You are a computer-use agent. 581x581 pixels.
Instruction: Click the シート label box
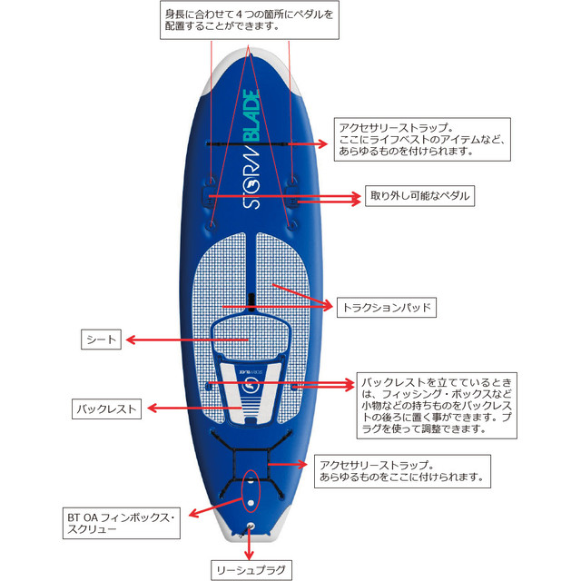tap(101, 340)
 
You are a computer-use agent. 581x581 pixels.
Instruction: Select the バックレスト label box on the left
tap(107, 409)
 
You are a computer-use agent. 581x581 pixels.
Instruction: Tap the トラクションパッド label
tap(387, 307)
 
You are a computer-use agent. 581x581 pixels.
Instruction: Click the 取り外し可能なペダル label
tap(419, 196)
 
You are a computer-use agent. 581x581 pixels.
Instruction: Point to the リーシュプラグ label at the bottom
tap(251, 570)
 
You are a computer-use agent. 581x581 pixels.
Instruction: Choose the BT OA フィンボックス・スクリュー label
tap(122, 523)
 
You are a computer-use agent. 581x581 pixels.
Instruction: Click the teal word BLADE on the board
tap(251, 116)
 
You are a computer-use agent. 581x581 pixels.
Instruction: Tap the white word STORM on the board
tap(251, 177)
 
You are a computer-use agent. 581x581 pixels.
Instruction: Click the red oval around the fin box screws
tap(251, 490)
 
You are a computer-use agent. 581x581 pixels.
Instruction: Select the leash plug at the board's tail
tap(251, 527)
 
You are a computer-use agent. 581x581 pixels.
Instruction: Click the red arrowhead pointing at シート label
tap(131, 340)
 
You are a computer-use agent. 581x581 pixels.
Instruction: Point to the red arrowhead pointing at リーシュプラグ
tap(250, 555)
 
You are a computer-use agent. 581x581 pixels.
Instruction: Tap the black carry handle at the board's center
tap(251, 302)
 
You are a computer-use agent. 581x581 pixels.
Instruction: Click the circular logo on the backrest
tap(251, 386)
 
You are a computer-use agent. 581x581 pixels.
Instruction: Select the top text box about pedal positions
tap(250, 20)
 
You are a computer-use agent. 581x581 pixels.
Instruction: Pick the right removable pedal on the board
tap(292, 195)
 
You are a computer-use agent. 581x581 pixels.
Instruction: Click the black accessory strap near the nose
tap(248, 143)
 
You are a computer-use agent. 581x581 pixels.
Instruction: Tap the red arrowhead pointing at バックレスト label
tap(153, 409)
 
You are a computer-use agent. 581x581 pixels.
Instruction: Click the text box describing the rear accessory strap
tap(402, 471)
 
